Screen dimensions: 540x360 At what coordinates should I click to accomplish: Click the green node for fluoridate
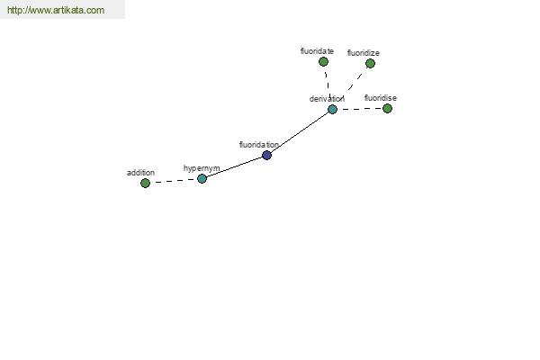coord(323,62)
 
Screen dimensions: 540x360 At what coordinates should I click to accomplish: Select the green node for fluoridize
coord(370,63)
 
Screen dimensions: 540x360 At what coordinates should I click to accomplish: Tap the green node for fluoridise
coord(387,109)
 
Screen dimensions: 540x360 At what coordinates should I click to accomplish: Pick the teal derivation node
coord(332,110)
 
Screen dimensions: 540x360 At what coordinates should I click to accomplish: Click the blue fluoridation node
coord(266,156)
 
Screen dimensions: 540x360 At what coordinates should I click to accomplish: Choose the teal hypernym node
coord(202,178)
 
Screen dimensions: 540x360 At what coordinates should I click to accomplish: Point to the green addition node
coord(145,183)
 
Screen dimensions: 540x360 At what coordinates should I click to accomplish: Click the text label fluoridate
coord(317,51)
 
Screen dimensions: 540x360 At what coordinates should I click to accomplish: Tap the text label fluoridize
coord(364,53)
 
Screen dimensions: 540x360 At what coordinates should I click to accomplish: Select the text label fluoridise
coord(381,98)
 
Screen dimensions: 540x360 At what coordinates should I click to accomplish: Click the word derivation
coord(327,99)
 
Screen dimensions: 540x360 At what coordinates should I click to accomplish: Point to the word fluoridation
coord(259,145)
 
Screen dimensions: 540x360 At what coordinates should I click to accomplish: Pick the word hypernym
coord(202,168)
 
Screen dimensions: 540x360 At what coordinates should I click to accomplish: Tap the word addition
coord(140,173)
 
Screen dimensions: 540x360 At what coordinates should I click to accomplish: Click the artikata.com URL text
coord(56,10)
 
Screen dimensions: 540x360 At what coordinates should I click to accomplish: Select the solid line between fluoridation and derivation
coord(300,132)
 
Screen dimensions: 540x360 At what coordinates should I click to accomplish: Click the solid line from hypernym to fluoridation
coord(234,167)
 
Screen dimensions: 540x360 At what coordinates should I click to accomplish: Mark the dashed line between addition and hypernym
coord(174,181)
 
